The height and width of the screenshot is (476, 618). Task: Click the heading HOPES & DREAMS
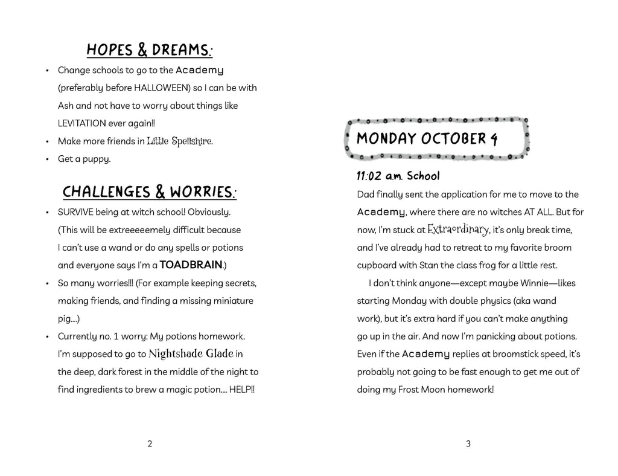(x=149, y=50)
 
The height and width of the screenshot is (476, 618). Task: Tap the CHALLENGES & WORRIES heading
(x=149, y=192)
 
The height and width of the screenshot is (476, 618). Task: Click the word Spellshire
(x=193, y=141)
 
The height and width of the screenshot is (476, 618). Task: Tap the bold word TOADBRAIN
(x=191, y=265)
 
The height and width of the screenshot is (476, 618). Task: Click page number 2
(x=150, y=444)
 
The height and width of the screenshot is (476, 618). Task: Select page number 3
(x=468, y=444)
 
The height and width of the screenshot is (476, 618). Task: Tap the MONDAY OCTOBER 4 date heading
(x=427, y=139)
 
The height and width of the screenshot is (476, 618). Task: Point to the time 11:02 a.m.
(x=380, y=176)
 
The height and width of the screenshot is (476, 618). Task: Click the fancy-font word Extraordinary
(x=457, y=230)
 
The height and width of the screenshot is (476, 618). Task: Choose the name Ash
(x=65, y=105)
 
